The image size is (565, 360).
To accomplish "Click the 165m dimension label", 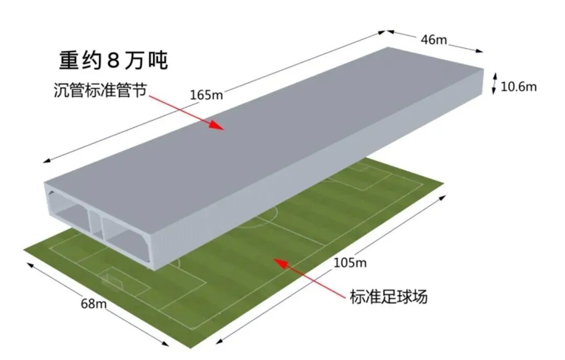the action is tap(206, 95).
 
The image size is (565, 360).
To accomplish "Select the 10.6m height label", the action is tap(518, 86).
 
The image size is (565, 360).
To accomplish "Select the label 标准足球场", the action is tap(389, 297).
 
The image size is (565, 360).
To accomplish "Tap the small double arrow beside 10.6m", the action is tap(493, 84).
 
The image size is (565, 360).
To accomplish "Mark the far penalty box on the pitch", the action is tap(361, 178).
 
